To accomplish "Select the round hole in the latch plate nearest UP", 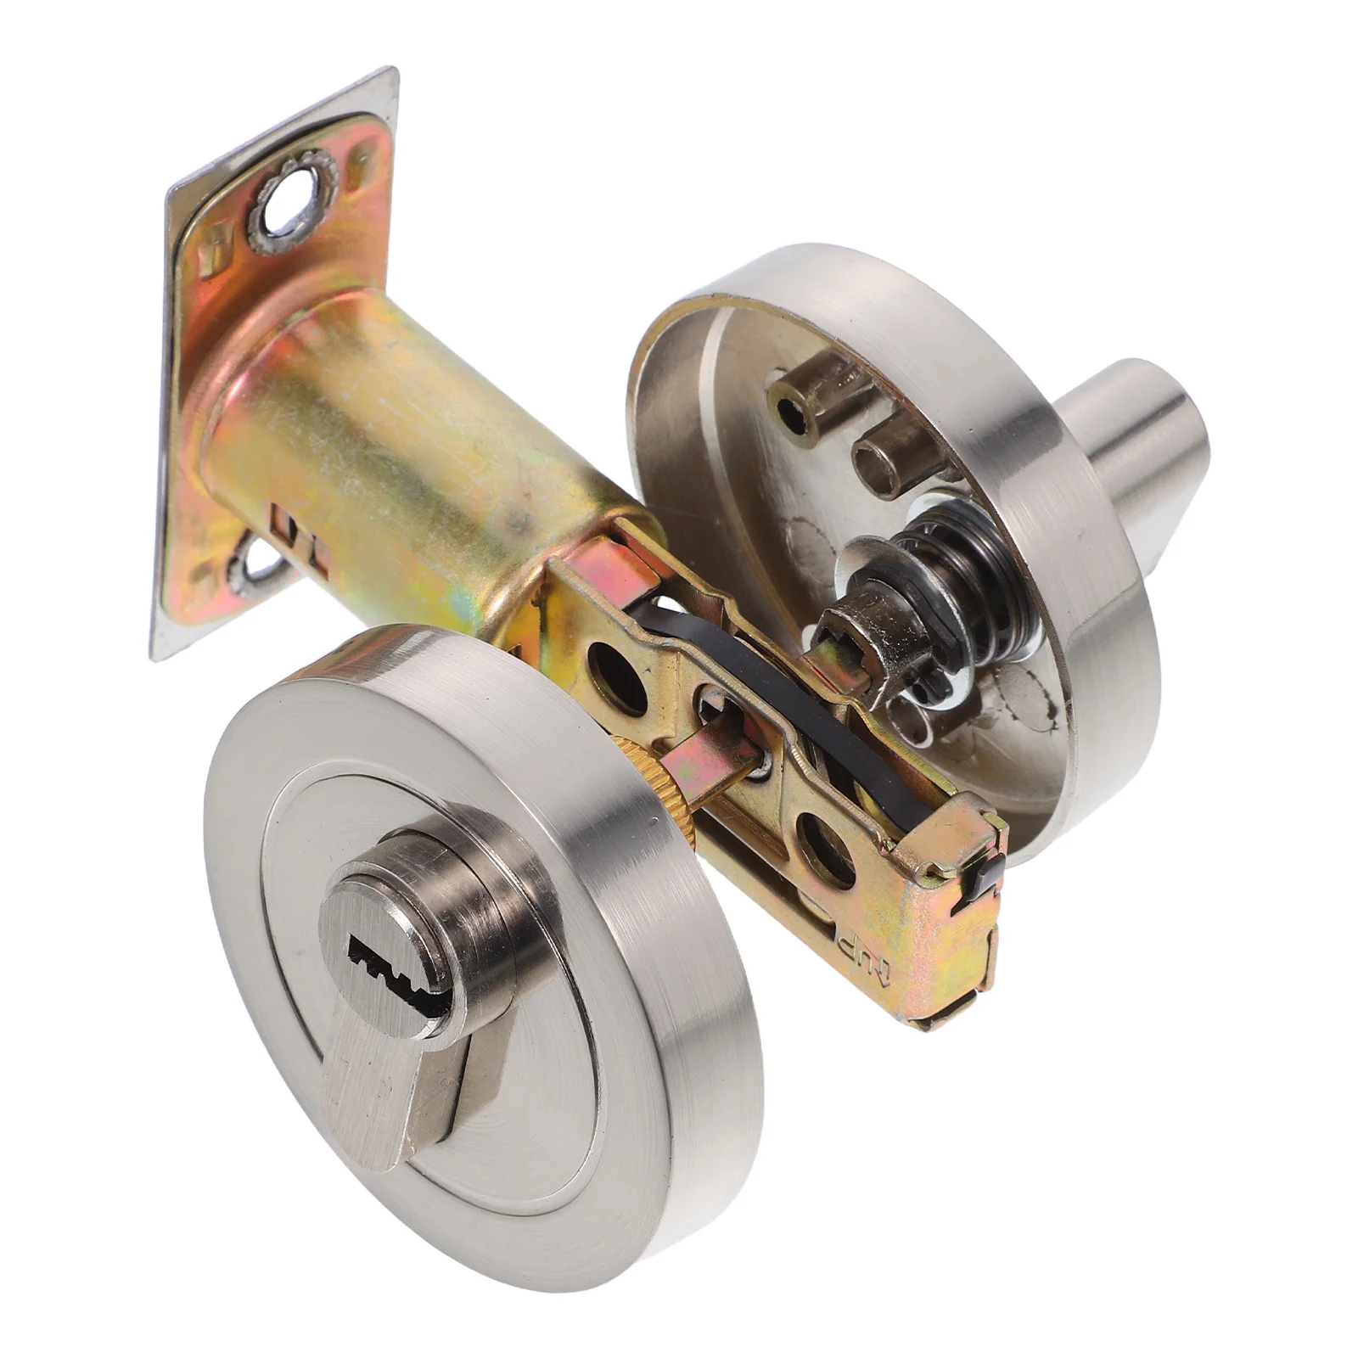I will pos(823,845).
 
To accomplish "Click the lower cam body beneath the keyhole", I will pos(399,1086).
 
